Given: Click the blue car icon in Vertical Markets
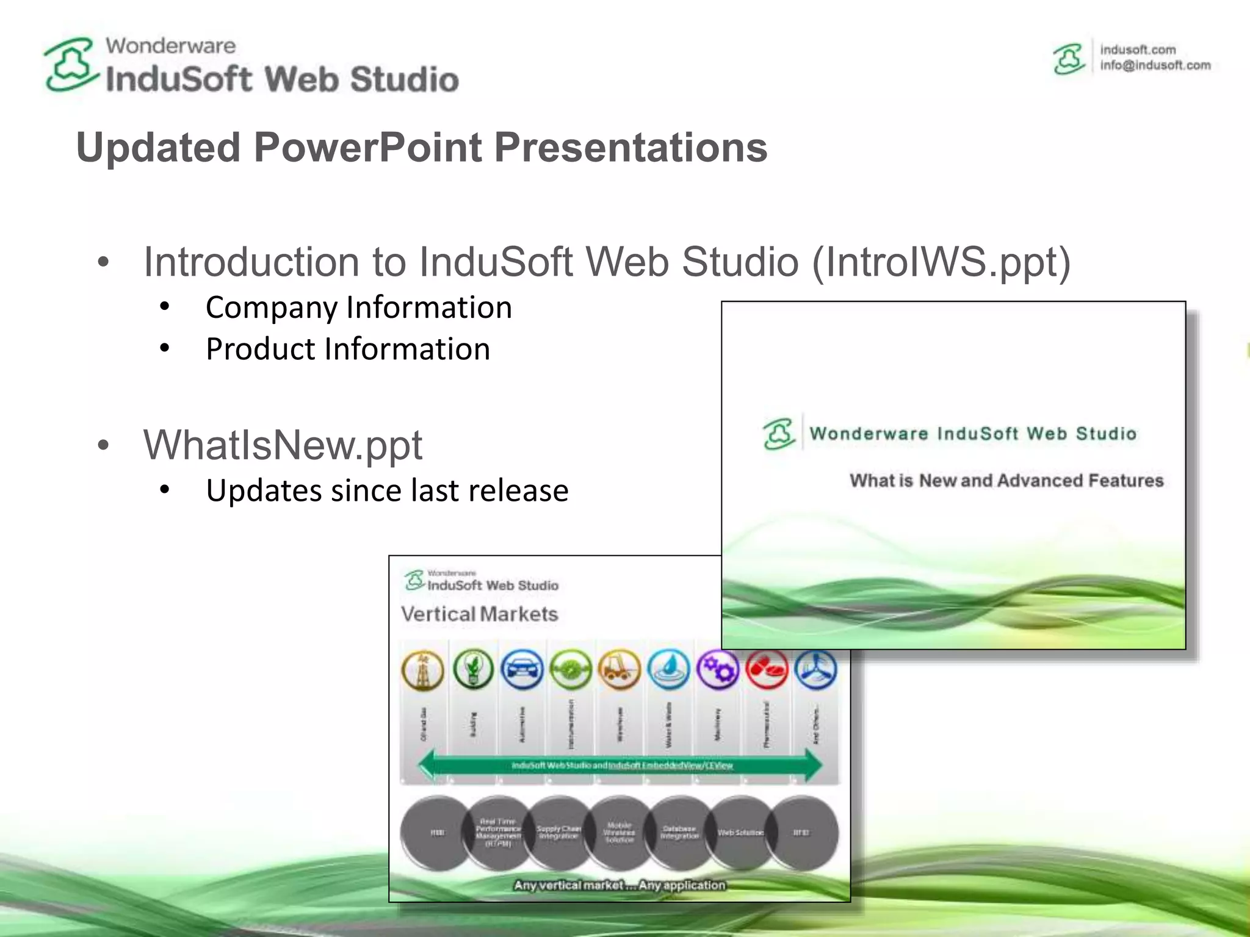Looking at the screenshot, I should click(522, 669).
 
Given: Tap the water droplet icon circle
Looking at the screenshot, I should click(668, 669).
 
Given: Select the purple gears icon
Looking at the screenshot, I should click(718, 669).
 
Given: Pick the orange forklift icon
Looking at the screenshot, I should click(620, 669).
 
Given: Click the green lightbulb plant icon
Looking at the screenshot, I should click(473, 669).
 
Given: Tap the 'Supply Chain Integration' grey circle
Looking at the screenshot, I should click(558, 832).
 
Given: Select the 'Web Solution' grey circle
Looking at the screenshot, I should click(740, 832).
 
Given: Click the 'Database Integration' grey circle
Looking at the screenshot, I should click(679, 832).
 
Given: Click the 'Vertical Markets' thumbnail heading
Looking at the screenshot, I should click(480, 614).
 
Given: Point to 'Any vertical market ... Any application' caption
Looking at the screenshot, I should click(620, 885).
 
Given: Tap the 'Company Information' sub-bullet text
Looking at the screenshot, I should click(359, 307).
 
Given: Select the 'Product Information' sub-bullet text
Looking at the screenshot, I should click(348, 349).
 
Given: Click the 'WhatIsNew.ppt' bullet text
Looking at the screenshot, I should click(283, 445).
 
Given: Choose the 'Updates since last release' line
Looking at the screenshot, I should click(387, 490).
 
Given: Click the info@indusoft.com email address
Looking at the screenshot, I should click(1155, 65).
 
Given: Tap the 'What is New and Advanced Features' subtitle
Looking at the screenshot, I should click(1006, 481).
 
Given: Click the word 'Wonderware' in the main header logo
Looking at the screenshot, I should click(170, 46).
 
